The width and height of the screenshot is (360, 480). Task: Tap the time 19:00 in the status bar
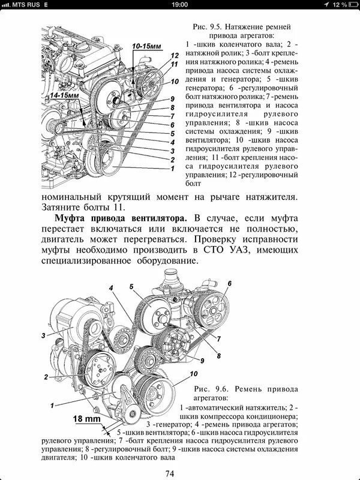coord(179,4)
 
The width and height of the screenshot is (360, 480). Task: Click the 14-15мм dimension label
coord(64,95)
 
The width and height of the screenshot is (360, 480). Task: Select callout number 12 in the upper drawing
coord(174,55)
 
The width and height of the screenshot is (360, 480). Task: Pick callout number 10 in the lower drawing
coord(193,373)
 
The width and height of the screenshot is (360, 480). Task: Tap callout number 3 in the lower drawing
coord(44,334)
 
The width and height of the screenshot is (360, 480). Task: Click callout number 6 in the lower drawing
coord(229,283)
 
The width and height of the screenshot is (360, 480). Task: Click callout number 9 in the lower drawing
coord(202,359)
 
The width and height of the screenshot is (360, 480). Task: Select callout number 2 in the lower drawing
coord(45,377)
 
